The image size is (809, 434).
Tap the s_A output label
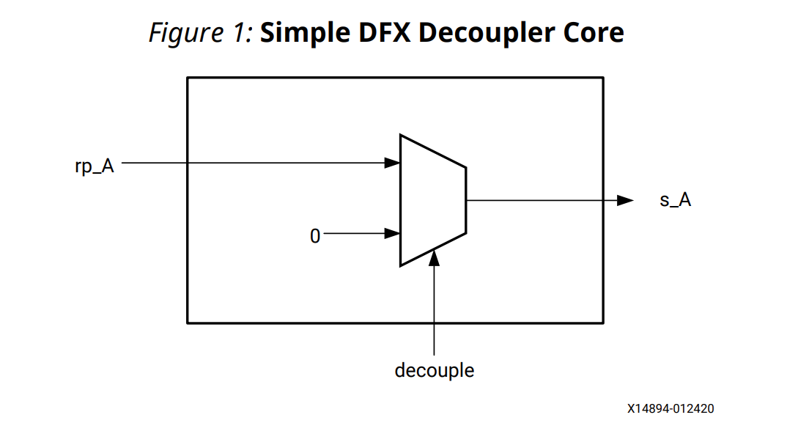click(675, 200)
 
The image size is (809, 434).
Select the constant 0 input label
click(315, 235)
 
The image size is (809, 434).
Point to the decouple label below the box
click(434, 370)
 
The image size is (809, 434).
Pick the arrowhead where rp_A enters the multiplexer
click(393, 163)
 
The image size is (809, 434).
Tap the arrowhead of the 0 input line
click(393, 234)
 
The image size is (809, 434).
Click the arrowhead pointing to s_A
click(624, 200)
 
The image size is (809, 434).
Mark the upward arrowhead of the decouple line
click(434, 257)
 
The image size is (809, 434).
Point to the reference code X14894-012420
click(670, 408)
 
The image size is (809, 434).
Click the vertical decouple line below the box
click(434, 339)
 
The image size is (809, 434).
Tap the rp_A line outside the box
click(154, 163)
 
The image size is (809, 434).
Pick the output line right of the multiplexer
click(535, 200)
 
